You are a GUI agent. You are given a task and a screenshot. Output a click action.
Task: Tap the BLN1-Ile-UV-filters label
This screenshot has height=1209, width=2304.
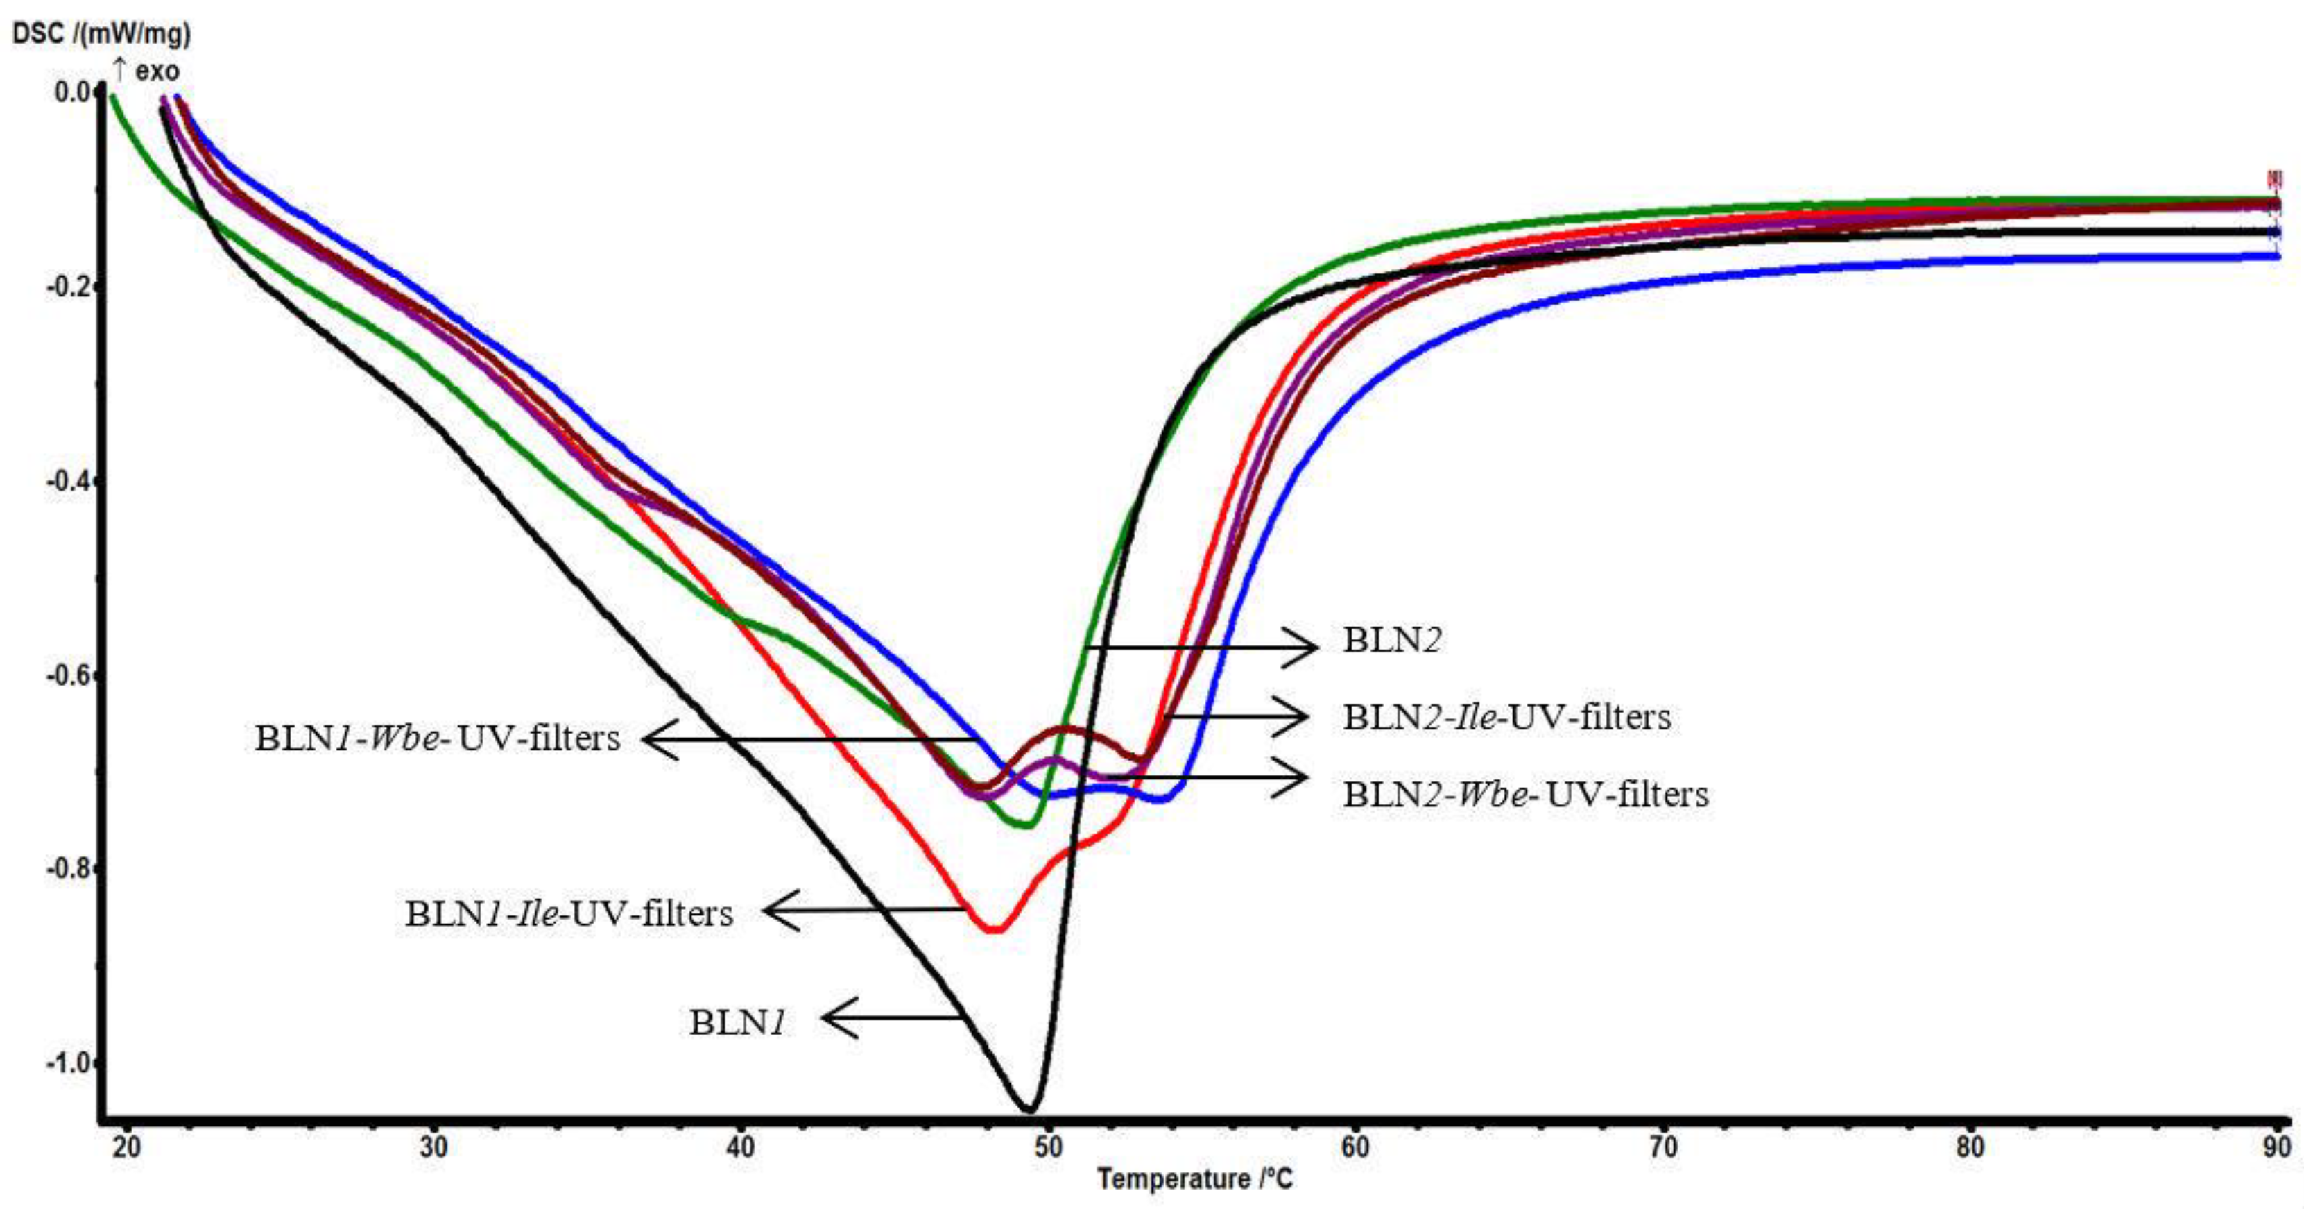pyautogui.click(x=569, y=913)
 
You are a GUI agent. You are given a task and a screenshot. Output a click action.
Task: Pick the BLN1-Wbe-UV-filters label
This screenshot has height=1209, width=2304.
pyautogui.click(x=438, y=738)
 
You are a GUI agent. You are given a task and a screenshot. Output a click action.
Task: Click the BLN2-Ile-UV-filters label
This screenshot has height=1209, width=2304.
pyautogui.click(x=1506, y=717)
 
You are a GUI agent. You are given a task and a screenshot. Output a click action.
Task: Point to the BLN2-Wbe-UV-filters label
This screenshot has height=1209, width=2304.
pyautogui.click(x=1525, y=794)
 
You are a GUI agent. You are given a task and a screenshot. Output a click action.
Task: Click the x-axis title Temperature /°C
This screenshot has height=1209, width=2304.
pyautogui.click(x=1195, y=1178)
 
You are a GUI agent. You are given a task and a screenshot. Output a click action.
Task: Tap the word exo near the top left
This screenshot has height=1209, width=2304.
pyautogui.click(x=157, y=71)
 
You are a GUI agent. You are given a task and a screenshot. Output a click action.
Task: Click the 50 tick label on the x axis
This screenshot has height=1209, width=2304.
pyautogui.click(x=1047, y=1147)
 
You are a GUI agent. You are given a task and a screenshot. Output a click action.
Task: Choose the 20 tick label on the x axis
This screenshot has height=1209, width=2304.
pyautogui.click(x=126, y=1147)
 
